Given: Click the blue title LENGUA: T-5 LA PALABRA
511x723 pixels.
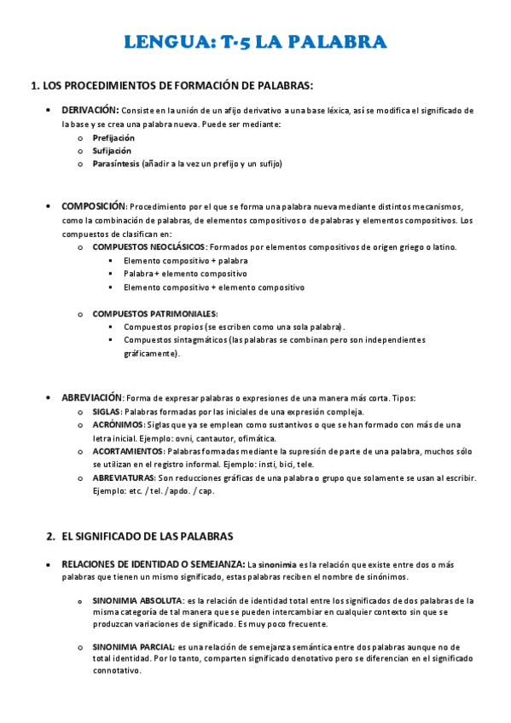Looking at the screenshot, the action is (x=256, y=43).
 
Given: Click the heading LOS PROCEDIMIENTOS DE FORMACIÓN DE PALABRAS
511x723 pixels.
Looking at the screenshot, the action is (x=177, y=85).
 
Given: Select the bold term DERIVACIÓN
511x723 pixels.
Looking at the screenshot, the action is (x=90, y=110).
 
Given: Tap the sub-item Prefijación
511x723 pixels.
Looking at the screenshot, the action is (x=113, y=137).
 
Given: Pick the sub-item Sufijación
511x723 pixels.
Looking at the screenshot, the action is (x=112, y=150).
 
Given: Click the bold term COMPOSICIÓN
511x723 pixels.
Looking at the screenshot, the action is (x=93, y=206).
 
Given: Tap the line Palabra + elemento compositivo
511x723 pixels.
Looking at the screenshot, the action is (x=185, y=274).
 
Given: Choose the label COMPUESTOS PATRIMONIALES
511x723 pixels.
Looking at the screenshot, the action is (x=154, y=314).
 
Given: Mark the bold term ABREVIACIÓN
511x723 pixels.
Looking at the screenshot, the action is (x=92, y=397).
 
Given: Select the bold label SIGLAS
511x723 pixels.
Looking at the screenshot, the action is (x=107, y=411).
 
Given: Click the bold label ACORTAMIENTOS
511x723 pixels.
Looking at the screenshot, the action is (x=128, y=451).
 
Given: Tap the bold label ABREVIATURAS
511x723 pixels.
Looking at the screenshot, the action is (x=124, y=478).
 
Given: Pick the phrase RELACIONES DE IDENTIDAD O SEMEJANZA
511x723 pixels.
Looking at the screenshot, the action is (x=153, y=564).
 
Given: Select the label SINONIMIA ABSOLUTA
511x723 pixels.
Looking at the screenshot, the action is (x=137, y=601).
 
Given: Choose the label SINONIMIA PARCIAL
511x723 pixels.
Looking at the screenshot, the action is (x=133, y=647).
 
